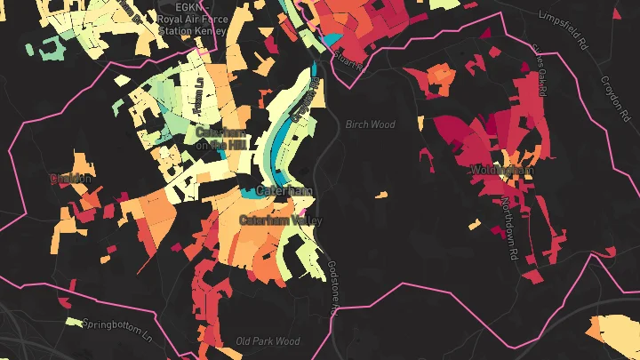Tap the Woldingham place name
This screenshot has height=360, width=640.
pos(501,169)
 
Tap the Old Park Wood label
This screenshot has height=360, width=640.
pos(268,341)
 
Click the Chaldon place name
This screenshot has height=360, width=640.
pos(71,179)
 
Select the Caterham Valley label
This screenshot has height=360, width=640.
pos(281,220)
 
